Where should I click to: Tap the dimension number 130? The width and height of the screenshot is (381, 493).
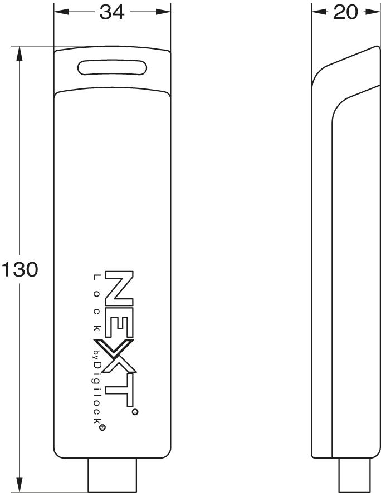point(20,269)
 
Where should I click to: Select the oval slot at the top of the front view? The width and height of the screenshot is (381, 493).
point(113,67)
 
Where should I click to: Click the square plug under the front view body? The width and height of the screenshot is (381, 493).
point(112,475)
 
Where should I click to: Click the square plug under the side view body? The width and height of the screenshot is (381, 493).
point(354,475)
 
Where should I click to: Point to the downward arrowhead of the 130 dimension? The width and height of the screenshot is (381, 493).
point(19,485)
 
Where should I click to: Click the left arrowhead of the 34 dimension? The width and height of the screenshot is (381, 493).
point(61,12)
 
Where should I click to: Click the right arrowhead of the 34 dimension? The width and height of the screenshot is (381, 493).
point(163,12)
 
